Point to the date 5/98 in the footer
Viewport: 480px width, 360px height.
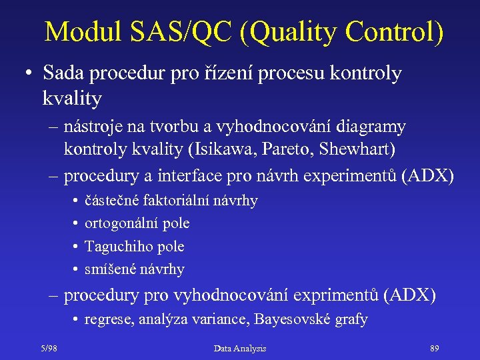[x=48, y=348]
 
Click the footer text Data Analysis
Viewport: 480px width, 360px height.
[x=240, y=348]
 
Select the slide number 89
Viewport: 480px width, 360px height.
[x=435, y=348]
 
